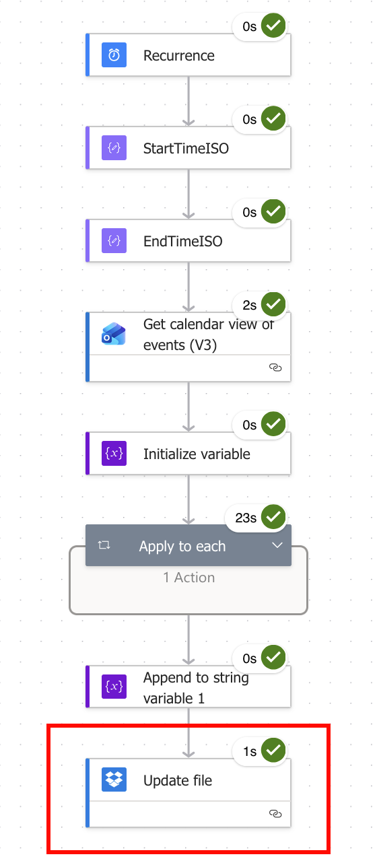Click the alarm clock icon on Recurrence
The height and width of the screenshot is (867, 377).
pyautogui.click(x=114, y=55)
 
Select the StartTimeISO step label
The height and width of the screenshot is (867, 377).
pyautogui.click(x=186, y=149)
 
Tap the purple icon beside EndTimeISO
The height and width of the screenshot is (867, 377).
pyautogui.click(x=114, y=241)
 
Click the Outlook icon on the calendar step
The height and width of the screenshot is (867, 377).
pyautogui.click(x=114, y=334)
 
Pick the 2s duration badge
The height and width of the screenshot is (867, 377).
pyautogui.click(x=250, y=306)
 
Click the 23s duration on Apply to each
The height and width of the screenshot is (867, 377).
pyautogui.click(x=246, y=518)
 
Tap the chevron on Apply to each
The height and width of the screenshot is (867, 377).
pyautogui.click(x=277, y=545)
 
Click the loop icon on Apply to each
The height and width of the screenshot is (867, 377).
pyautogui.click(x=104, y=545)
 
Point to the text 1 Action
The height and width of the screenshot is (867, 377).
pyautogui.click(x=189, y=578)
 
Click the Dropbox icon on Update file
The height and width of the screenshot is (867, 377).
pyautogui.click(x=114, y=779)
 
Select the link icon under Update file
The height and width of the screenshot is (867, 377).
pyautogui.click(x=275, y=814)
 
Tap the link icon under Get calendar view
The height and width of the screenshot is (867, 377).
pyautogui.click(x=275, y=368)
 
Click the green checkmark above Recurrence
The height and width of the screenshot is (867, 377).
pyautogui.click(x=273, y=26)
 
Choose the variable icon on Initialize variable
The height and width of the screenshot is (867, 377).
pyautogui.click(x=114, y=453)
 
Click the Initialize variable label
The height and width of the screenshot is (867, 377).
pyautogui.click(x=197, y=454)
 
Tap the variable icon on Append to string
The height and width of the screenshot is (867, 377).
pyautogui.click(x=114, y=687)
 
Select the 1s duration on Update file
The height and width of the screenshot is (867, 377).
pyautogui.click(x=250, y=752)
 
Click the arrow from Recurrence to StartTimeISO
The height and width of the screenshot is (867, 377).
pyautogui.click(x=188, y=101)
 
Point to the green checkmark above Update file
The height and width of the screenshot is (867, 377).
pyautogui.click(x=273, y=750)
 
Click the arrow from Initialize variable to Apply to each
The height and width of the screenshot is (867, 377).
pyautogui.click(x=188, y=499)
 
